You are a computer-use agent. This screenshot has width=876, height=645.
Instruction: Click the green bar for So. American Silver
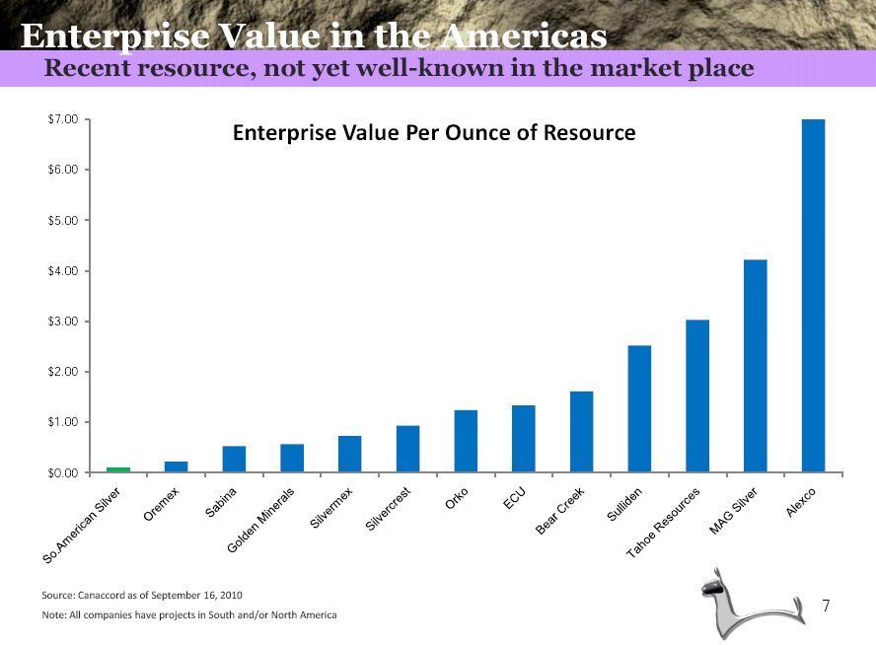click(118, 469)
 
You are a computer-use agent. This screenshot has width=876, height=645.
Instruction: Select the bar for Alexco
click(813, 296)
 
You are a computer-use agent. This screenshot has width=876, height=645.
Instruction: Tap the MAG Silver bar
click(755, 366)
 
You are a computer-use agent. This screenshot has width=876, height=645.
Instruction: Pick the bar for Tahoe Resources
click(697, 395)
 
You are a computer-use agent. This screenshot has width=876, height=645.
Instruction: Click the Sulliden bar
click(639, 408)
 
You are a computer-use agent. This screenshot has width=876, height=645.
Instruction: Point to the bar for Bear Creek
click(581, 432)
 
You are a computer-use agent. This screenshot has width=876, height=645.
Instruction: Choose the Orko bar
click(466, 441)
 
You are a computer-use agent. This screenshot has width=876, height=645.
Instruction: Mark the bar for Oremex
click(176, 466)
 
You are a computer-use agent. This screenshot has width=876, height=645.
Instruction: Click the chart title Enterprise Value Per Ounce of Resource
click(434, 132)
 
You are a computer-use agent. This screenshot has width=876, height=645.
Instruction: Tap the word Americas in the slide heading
click(522, 36)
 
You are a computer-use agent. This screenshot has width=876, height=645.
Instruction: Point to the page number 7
click(827, 604)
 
